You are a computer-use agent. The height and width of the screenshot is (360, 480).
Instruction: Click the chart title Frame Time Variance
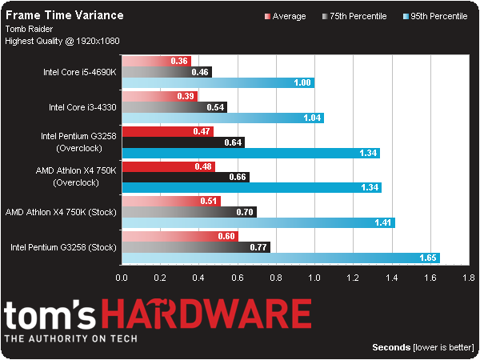(x=65, y=15)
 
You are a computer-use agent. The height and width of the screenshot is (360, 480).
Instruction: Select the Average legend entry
(x=286, y=16)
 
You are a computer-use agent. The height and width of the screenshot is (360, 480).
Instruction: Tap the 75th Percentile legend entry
(x=354, y=16)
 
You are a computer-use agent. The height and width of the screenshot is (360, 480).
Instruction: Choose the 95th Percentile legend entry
(x=435, y=16)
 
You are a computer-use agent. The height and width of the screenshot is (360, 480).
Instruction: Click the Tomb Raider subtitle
(x=29, y=29)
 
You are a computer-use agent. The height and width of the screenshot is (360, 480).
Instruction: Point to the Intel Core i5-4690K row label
(x=80, y=72)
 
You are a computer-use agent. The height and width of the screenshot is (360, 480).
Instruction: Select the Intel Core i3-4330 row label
(x=82, y=107)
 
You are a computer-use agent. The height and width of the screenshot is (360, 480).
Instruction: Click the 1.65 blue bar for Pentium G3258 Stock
(x=281, y=258)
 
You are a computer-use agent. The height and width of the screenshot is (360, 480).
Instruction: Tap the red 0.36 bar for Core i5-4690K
(x=157, y=61)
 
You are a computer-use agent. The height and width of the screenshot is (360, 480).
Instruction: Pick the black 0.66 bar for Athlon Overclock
(x=186, y=177)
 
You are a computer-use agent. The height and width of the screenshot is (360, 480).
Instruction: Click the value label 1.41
(x=383, y=222)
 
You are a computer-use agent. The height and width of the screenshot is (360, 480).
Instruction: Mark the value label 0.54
(x=215, y=107)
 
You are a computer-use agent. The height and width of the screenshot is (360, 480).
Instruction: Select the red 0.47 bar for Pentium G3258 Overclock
(x=168, y=132)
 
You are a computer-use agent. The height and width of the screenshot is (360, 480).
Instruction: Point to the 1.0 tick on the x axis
(x=314, y=278)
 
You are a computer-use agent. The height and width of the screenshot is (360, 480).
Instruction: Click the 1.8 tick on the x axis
(x=469, y=278)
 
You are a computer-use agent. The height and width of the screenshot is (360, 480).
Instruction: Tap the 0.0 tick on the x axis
(x=122, y=278)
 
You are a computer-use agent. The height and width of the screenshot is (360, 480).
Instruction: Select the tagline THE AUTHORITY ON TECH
(x=71, y=338)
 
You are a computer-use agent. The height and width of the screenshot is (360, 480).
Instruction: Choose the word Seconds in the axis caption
(x=391, y=347)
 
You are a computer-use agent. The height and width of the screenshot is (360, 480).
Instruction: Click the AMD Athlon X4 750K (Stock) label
(x=61, y=212)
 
